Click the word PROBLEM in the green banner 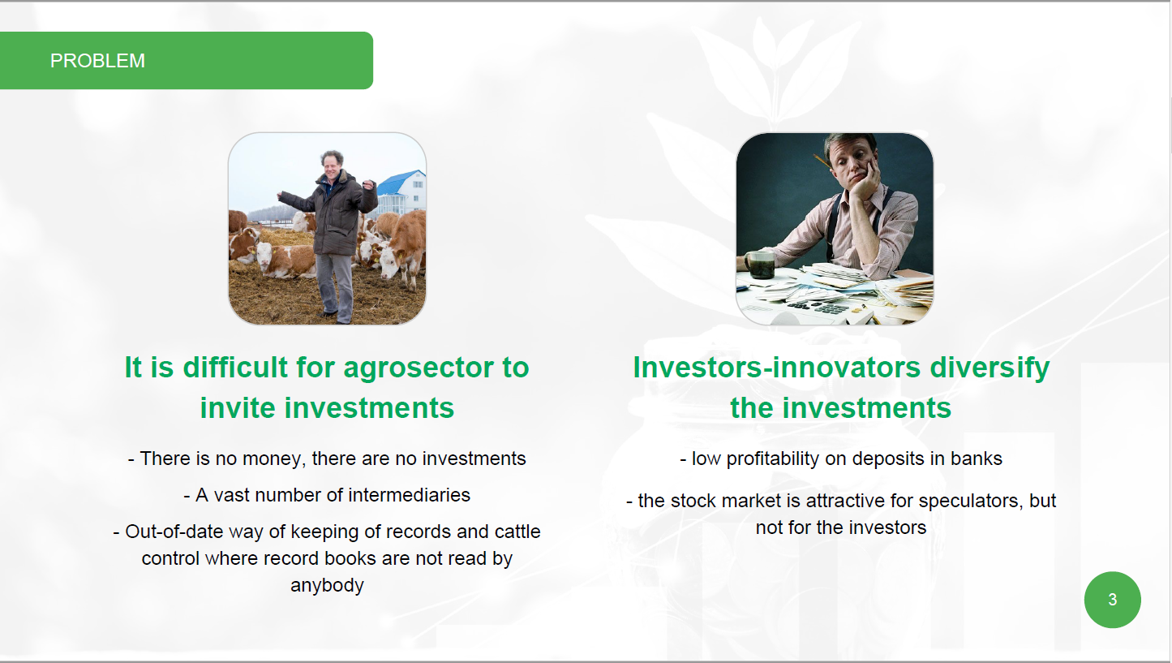pos(97,61)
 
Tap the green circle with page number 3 pos(1112,600)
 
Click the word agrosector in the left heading pos(418,367)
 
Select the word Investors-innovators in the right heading pos(776,367)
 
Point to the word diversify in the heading pos(990,368)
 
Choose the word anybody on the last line pos(327,585)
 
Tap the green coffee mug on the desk pos(760,265)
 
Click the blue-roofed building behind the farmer pos(401,192)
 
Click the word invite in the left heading pos(238,408)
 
